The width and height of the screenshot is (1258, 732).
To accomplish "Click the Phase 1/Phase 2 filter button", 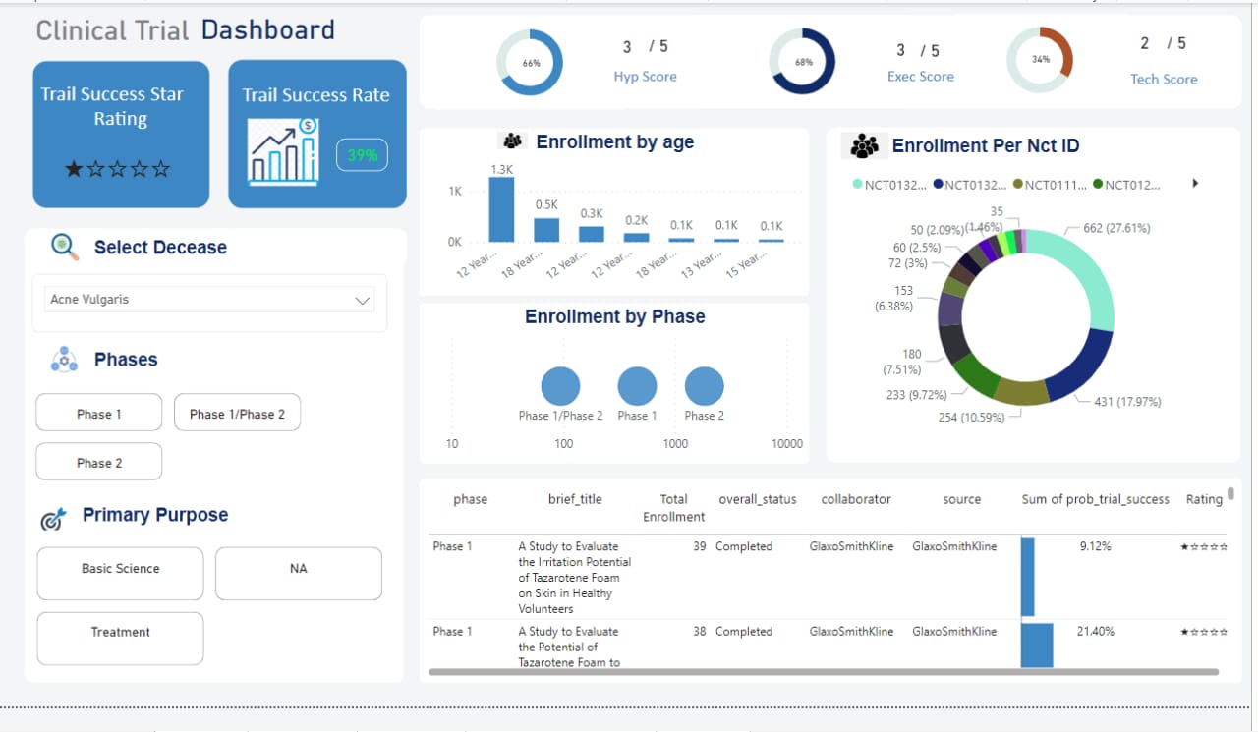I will click(237, 414).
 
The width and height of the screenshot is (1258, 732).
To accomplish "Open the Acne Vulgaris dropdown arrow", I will click(362, 301).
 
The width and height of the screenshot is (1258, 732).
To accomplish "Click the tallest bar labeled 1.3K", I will click(501, 209).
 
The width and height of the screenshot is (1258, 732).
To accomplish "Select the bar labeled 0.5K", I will click(546, 230).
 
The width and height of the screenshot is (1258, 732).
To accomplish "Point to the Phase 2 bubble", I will click(704, 386).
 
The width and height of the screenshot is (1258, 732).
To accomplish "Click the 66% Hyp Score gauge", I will click(530, 62).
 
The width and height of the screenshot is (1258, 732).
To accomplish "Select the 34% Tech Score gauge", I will click(1040, 59).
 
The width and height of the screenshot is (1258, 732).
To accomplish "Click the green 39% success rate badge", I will click(363, 155).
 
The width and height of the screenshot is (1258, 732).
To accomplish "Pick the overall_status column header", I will click(757, 499).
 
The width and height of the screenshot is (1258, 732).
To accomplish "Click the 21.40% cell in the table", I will click(1095, 631).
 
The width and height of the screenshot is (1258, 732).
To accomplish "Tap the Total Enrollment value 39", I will click(699, 546).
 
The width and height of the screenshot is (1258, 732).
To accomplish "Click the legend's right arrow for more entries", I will click(1195, 183).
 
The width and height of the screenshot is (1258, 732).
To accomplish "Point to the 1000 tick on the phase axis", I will click(675, 444).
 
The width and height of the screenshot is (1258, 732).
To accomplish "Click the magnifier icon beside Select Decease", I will click(65, 247).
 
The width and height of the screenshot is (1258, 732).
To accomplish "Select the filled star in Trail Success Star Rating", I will click(74, 169).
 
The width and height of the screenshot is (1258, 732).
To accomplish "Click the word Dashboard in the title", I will click(267, 30).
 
